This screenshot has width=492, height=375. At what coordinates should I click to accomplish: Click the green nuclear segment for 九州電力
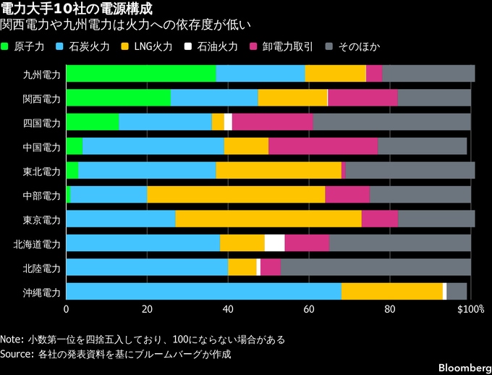coord(141,74)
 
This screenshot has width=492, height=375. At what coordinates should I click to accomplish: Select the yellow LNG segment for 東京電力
coord(268,219)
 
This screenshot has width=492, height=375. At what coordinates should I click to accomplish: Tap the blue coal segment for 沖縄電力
coord(203,292)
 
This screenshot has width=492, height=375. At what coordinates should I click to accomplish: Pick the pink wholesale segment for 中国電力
coord(323,146)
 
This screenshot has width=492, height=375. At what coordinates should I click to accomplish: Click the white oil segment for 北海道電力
coord(274,243)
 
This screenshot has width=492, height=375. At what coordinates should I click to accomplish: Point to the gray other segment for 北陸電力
coord(376,267)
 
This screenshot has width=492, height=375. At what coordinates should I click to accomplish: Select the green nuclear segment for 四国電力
coord(93,122)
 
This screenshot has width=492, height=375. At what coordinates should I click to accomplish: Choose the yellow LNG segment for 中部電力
coord(236,195)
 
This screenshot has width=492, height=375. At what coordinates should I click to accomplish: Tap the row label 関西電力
coord(42,98)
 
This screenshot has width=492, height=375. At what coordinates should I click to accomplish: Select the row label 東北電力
coord(42,171)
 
